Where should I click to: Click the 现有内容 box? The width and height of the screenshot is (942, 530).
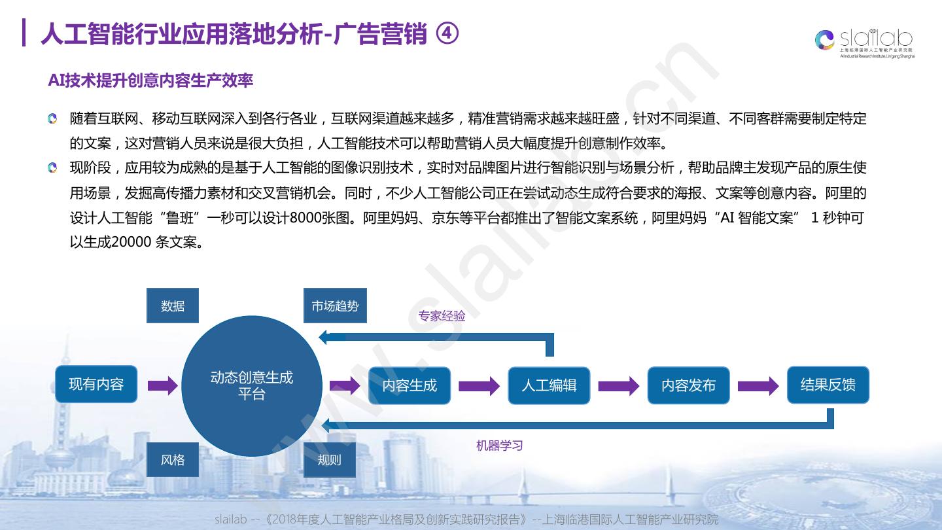[x=96, y=384]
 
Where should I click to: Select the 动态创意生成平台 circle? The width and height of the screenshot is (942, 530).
[x=251, y=385]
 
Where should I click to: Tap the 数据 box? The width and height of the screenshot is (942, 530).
[x=173, y=306]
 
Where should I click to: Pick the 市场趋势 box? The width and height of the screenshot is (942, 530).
[x=335, y=306]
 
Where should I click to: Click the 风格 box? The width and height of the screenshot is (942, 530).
[x=173, y=460]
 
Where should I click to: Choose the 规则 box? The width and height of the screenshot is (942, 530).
[x=330, y=460]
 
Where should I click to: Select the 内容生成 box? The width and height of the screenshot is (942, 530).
[x=410, y=385]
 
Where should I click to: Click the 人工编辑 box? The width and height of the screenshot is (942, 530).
[x=549, y=385]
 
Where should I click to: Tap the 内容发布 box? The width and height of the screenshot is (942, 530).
[x=688, y=385]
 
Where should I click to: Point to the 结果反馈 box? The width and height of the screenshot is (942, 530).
[x=828, y=385]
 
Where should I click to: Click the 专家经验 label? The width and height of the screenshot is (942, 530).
[x=442, y=316]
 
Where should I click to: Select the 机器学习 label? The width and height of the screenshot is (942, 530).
[x=499, y=446]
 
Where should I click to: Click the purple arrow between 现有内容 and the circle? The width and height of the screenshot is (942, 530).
[x=162, y=385]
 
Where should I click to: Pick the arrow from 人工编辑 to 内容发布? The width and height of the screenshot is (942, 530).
[x=618, y=385]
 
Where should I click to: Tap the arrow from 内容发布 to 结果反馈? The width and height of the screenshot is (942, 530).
[x=758, y=385]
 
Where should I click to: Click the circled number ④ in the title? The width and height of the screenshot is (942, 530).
[x=447, y=35]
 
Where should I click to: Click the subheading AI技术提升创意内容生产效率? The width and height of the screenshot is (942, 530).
[x=150, y=80]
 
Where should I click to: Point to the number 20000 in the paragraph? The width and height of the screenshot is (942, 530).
[x=132, y=242]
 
